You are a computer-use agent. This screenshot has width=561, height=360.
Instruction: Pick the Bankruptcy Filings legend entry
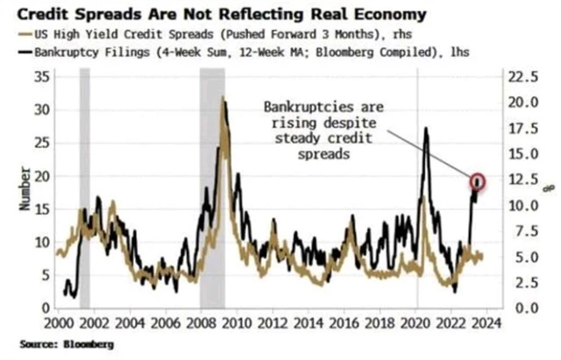coord(246,52)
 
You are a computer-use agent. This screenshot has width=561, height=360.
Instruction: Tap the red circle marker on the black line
coord(478,181)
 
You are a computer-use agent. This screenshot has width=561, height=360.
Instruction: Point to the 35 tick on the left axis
coord(40,78)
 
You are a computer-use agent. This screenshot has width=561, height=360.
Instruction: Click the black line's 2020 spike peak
coord(426,129)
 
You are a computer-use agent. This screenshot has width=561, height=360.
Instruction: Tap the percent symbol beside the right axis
coord(551,187)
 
